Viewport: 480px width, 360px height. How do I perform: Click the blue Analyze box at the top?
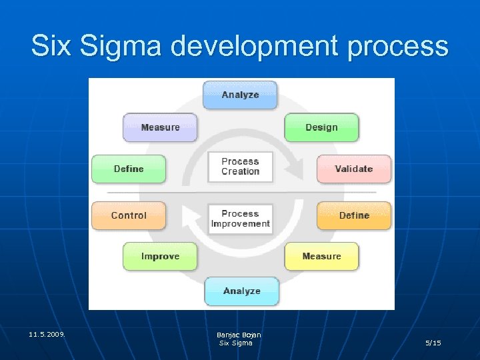point(240,95)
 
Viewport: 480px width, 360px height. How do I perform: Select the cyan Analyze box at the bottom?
point(241,291)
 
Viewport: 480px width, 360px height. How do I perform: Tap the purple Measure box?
point(160,127)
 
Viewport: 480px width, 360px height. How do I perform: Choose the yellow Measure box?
point(321,256)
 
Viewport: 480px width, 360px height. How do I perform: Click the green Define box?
point(129,169)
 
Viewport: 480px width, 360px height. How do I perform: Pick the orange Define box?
point(354,215)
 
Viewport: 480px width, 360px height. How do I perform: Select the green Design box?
point(321,127)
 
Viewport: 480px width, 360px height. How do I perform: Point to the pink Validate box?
point(353,169)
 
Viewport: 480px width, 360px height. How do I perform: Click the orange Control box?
point(129,215)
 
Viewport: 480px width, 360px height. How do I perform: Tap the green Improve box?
point(160,256)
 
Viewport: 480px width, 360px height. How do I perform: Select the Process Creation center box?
point(240,166)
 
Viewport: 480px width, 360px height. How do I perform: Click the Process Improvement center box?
point(240,218)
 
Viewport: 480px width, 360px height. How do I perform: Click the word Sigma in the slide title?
point(125,47)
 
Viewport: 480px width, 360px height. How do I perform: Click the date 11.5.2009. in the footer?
point(47,334)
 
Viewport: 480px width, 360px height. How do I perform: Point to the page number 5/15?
point(433,343)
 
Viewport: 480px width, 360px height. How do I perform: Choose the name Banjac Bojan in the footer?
point(239,335)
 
